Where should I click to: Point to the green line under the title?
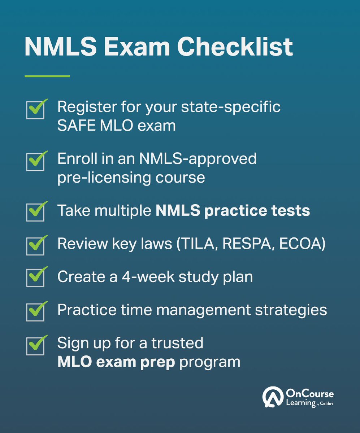47,76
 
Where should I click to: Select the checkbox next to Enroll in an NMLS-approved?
35,162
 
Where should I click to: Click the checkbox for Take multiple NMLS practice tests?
35,212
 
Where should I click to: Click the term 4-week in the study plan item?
147,277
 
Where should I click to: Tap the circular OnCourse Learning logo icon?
271,397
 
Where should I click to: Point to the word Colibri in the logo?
326,403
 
